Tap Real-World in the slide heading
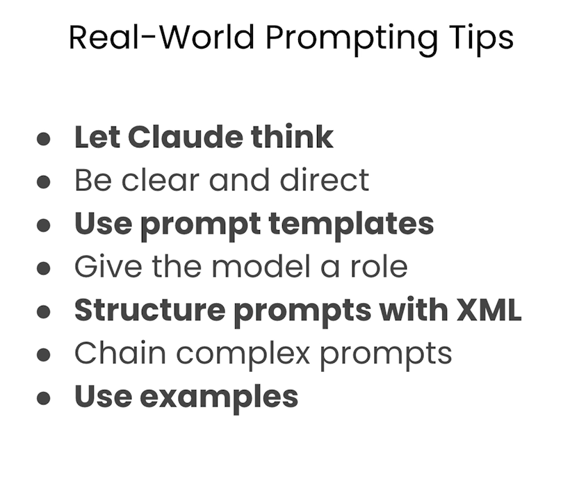(x=162, y=37)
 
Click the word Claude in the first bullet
(x=186, y=137)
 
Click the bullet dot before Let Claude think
(x=44, y=139)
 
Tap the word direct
(x=324, y=180)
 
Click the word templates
(x=351, y=224)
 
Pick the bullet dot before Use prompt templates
(x=44, y=225)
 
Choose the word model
(x=261, y=266)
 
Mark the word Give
(x=108, y=266)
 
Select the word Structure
(x=149, y=309)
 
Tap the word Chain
(x=120, y=352)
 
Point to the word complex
(x=243, y=354)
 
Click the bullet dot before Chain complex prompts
(x=44, y=355)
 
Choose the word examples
(x=219, y=398)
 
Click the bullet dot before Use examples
(x=44, y=398)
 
